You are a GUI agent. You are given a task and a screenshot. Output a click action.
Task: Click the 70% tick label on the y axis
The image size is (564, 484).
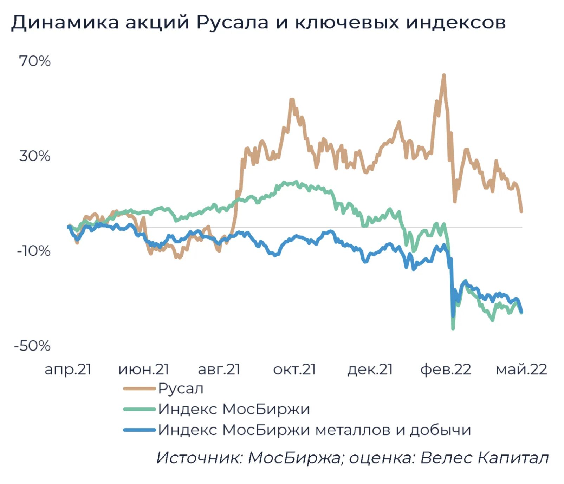pyautogui.click(x=35, y=61)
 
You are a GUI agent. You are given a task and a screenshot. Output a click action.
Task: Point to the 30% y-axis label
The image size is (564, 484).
pyautogui.click(x=35, y=156)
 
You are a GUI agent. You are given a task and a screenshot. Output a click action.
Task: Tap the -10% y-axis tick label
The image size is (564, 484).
pyautogui.click(x=34, y=251)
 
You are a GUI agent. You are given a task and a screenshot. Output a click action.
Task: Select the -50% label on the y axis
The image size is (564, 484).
pyautogui.click(x=32, y=346)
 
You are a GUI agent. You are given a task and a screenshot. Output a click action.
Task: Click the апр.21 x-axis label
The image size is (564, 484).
pyautogui.click(x=68, y=369)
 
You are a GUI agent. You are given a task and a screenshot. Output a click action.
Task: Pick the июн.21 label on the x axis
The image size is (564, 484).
pyautogui.click(x=144, y=369)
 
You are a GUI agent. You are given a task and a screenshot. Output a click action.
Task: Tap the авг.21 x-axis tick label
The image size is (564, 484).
pyautogui.click(x=219, y=369)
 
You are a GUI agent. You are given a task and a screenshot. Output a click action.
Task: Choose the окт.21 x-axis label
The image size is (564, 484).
pyautogui.click(x=294, y=369)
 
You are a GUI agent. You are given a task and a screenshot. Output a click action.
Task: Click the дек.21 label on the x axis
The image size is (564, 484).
pyautogui.click(x=370, y=369)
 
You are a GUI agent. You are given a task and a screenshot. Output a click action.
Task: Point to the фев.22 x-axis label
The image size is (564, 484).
pyautogui.click(x=446, y=369)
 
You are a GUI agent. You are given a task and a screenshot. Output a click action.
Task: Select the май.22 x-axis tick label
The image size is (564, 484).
pyautogui.click(x=521, y=369)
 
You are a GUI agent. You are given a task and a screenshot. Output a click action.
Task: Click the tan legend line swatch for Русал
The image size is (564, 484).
pyautogui.click(x=139, y=388)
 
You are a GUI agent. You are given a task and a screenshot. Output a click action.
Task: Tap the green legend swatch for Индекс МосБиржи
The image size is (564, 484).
pyautogui.click(x=139, y=409)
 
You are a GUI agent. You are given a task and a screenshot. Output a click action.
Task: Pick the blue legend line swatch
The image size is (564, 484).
pyautogui.click(x=139, y=430)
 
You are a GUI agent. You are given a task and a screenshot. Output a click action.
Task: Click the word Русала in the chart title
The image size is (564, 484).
pyautogui.click(x=232, y=22)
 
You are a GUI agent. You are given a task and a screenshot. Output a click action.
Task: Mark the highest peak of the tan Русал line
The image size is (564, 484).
pyautogui.click(x=444, y=75)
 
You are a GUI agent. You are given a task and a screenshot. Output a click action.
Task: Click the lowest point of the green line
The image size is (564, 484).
pyautogui.click(x=453, y=328)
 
